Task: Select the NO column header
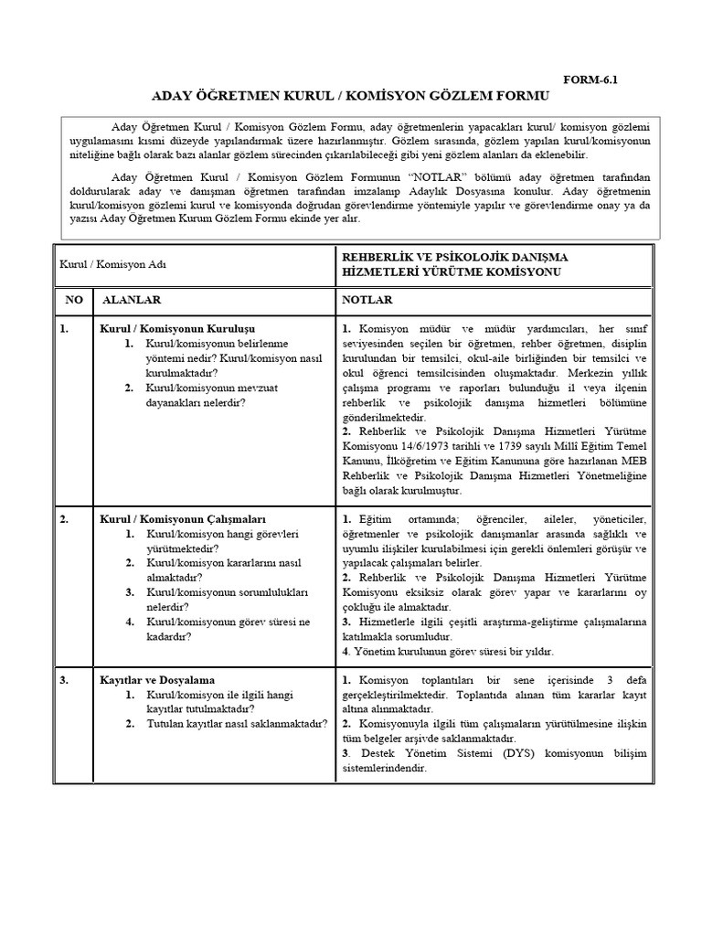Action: pyautogui.click(x=72, y=300)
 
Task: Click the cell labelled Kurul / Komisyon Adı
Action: pyautogui.click(x=114, y=264)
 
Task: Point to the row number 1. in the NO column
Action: pyautogui.click(x=64, y=328)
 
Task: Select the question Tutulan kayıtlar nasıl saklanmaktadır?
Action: pyautogui.click(x=237, y=724)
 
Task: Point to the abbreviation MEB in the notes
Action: pyautogui.click(x=634, y=462)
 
